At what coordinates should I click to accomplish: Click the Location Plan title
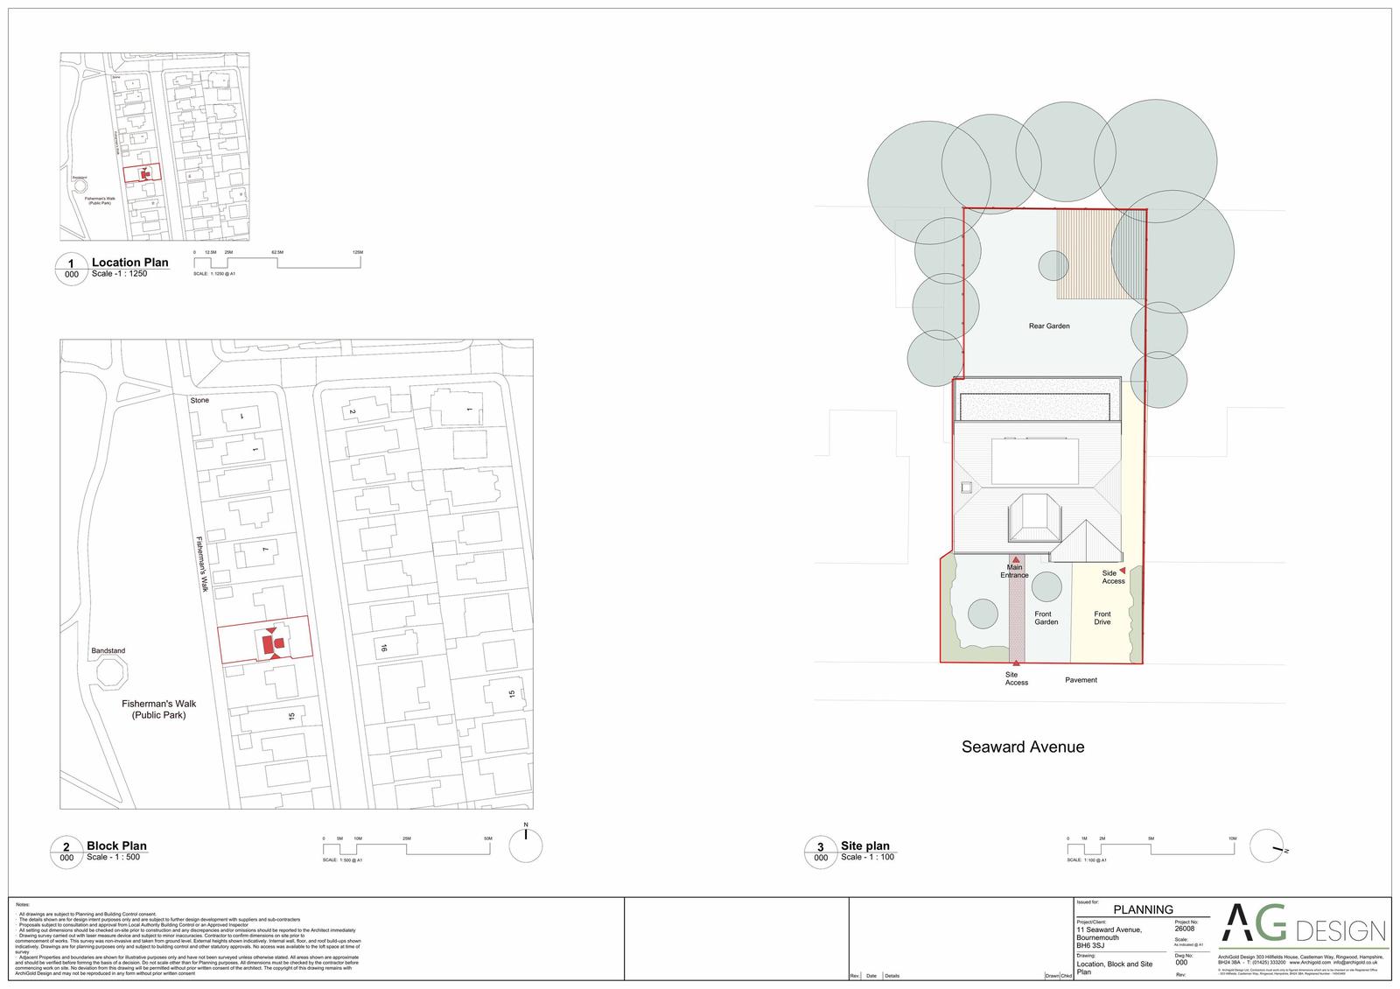click(x=129, y=263)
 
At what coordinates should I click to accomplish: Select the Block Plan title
click(x=116, y=845)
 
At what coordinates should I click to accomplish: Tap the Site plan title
click(x=864, y=845)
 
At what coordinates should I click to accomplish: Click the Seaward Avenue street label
click(x=1022, y=747)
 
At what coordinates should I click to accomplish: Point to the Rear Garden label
click(x=1048, y=326)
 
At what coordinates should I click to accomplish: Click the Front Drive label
click(x=1102, y=618)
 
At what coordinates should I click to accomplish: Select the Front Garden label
click(x=1046, y=618)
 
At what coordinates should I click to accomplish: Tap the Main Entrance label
click(x=1014, y=572)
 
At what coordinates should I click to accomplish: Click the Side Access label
click(x=1113, y=578)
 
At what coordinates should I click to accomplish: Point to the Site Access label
click(x=1016, y=678)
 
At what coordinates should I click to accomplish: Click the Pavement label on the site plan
click(x=1081, y=680)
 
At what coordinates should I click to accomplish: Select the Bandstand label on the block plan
click(x=108, y=651)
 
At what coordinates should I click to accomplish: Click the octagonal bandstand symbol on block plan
click(x=111, y=675)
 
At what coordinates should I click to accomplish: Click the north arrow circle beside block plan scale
click(x=525, y=845)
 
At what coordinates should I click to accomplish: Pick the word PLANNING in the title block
click(x=1143, y=909)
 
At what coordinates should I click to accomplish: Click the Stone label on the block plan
click(x=199, y=400)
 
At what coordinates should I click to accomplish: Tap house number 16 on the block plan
click(x=382, y=649)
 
